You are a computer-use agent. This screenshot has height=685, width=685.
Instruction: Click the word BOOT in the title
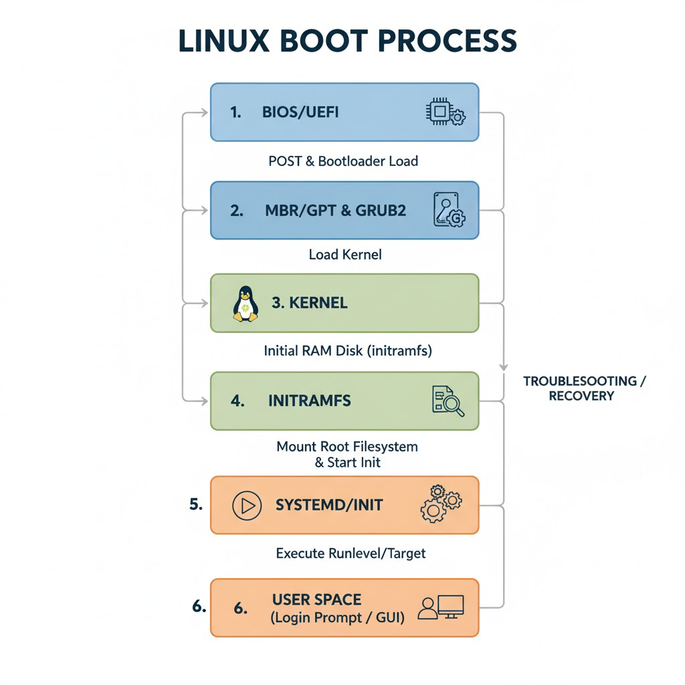click(x=313, y=41)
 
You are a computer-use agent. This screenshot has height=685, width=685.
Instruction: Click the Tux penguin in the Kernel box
click(x=246, y=304)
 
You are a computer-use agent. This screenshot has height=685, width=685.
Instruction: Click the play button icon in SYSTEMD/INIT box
click(x=246, y=506)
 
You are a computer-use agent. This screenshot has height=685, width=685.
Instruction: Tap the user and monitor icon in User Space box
click(x=440, y=607)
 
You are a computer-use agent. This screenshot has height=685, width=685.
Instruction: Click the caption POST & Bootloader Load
click(x=343, y=161)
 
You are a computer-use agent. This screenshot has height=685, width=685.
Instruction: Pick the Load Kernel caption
click(x=345, y=255)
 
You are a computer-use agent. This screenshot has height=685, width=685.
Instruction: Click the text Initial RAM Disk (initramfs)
click(x=348, y=350)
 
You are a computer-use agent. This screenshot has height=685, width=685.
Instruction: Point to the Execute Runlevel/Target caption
click(x=351, y=553)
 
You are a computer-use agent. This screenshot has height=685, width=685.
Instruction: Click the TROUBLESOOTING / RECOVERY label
click(x=584, y=388)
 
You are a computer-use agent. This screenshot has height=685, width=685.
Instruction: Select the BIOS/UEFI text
click(x=300, y=112)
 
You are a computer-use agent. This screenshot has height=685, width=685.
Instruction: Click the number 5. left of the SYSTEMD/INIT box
click(x=196, y=504)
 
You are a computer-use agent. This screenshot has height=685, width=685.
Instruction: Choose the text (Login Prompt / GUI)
click(x=338, y=618)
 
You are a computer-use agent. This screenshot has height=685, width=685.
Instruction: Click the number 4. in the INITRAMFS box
click(x=237, y=401)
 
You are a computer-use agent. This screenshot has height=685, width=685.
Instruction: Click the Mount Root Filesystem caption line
click(x=347, y=446)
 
